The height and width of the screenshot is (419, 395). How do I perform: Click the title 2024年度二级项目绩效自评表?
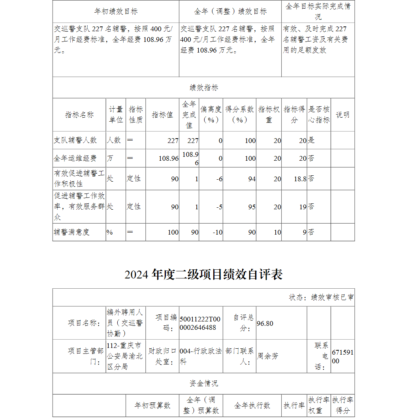(x=203, y=274)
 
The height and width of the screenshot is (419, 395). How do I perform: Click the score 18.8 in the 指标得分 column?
(x=300, y=179)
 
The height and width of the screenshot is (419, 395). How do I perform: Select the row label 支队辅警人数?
(x=75, y=140)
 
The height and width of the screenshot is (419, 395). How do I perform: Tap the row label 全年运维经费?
(x=75, y=158)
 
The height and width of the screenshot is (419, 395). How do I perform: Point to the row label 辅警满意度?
(x=72, y=232)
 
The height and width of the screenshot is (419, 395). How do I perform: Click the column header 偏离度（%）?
(x=211, y=115)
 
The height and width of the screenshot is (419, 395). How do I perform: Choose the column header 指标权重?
(x=269, y=115)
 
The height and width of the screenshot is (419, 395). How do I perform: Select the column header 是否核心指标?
(x=319, y=115)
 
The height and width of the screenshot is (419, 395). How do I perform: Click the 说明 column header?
(x=342, y=115)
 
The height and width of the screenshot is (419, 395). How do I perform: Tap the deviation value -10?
(x=218, y=232)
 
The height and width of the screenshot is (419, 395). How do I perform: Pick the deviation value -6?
(x=219, y=179)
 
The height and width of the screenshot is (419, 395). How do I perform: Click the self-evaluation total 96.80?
(x=265, y=323)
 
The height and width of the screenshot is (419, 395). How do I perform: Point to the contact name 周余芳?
(x=268, y=356)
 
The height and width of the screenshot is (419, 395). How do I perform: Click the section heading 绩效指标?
(x=203, y=88)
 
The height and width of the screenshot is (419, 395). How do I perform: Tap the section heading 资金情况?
(x=203, y=383)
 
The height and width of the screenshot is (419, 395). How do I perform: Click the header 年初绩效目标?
(x=116, y=11)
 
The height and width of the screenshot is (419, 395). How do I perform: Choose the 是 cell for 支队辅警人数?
(x=311, y=140)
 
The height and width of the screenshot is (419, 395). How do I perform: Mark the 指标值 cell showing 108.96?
(x=169, y=158)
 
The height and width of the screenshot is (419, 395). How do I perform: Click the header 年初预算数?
(x=152, y=406)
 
